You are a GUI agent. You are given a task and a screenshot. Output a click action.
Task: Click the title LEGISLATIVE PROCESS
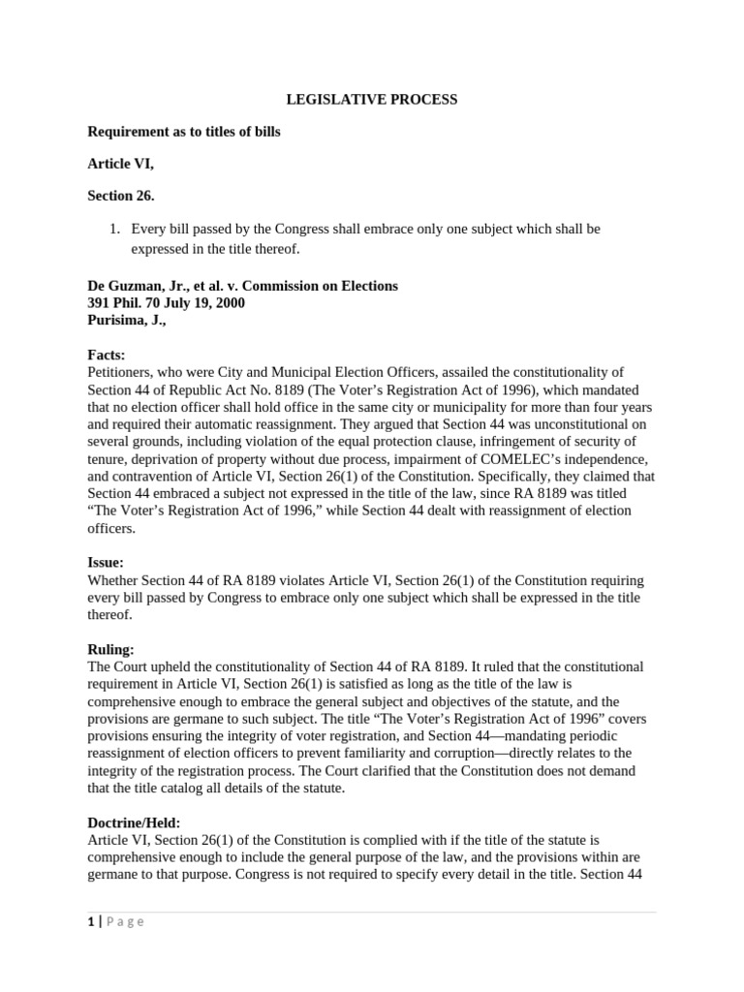[x=371, y=99]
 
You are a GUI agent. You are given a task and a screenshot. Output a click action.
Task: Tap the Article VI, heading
[x=121, y=164]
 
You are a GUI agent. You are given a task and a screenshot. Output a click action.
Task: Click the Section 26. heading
[x=121, y=196]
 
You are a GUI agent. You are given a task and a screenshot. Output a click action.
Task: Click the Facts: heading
[x=107, y=355]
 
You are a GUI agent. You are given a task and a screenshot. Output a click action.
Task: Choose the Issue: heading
[x=106, y=562]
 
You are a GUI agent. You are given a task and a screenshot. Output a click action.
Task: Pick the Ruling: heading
[x=111, y=650]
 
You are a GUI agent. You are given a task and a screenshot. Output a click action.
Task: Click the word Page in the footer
[x=124, y=921]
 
